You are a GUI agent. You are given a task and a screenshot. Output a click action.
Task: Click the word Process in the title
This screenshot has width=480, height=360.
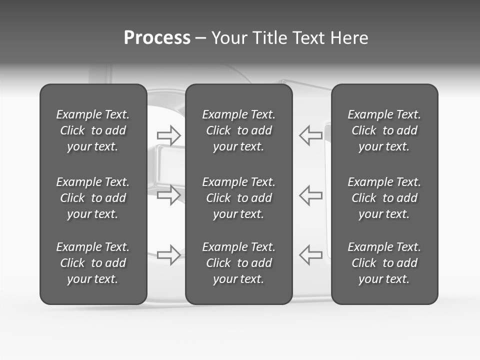click(x=157, y=38)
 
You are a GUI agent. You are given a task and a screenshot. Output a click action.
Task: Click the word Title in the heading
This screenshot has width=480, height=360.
click(x=269, y=38)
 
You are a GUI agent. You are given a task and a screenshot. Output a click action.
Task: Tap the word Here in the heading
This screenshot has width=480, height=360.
click(x=348, y=38)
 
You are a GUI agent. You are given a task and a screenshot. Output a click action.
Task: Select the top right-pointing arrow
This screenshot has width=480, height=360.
click(x=168, y=135)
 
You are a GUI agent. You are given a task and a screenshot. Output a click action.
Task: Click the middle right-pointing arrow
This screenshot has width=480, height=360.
click(x=168, y=195)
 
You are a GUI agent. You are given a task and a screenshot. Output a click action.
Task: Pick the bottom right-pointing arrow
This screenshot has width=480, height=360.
click(x=168, y=255)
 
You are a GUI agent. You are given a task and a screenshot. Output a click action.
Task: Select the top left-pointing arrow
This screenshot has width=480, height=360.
click(x=310, y=135)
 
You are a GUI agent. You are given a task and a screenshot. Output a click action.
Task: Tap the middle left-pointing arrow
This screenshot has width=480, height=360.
click(x=310, y=195)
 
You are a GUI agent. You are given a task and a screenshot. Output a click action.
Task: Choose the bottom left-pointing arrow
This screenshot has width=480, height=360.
click(x=310, y=255)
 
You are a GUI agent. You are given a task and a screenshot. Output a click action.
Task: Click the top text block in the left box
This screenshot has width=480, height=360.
click(x=93, y=130)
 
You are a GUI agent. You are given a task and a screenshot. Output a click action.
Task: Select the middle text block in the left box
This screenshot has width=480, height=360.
click(x=93, y=198)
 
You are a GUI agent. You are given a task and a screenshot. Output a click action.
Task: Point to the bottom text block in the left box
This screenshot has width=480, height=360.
click(x=93, y=263)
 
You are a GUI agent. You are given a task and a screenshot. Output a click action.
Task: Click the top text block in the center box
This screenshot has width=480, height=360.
click(x=239, y=130)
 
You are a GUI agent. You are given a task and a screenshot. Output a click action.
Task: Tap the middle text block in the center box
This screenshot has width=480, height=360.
click(x=239, y=198)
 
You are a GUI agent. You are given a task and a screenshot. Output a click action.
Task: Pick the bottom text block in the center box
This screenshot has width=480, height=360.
click(x=239, y=263)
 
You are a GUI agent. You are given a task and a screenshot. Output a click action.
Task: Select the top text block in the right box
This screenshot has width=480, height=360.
click(x=384, y=130)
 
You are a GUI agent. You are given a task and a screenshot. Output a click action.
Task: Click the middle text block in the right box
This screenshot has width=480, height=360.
click(x=384, y=198)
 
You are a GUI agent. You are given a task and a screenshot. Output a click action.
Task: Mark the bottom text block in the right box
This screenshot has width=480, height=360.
click(x=384, y=263)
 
